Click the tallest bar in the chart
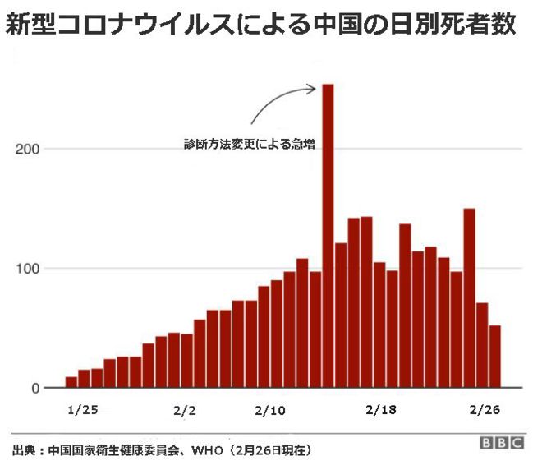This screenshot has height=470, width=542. [x=328, y=236]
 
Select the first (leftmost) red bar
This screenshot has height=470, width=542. [x=71, y=382]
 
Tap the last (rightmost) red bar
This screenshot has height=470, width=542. [x=495, y=357]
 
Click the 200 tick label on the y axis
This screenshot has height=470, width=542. [x=28, y=149]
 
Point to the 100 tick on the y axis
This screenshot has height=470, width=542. [x=28, y=269]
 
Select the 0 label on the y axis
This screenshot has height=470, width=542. [x=36, y=389]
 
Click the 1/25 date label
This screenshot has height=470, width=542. [x=83, y=410]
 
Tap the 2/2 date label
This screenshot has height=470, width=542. [x=185, y=411]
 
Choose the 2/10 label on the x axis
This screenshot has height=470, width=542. [x=270, y=411]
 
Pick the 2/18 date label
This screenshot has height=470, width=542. [x=381, y=410]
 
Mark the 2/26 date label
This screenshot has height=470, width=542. [x=485, y=410]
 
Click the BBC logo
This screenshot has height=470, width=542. [x=502, y=443]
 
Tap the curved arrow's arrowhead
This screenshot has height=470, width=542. [x=312, y=90]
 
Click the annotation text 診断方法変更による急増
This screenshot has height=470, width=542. [x=249, y=145]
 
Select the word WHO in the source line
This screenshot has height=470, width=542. [x=207, y=450]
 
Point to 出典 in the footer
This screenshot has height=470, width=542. [x=24, y=450]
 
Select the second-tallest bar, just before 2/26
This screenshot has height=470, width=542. [x=469, y=298]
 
